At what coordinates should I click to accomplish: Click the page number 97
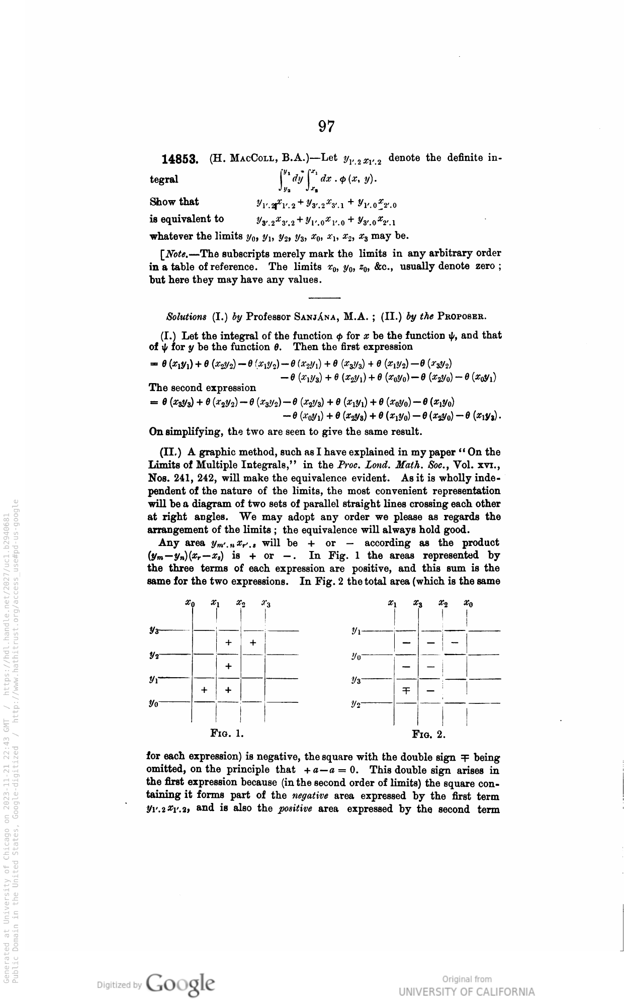[326, 126]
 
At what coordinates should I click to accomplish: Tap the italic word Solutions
[186, 317]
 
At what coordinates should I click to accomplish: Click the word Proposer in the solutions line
[461, 317]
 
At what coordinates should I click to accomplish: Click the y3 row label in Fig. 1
[153, 630]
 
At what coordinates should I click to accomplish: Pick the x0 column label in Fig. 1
[189, 602]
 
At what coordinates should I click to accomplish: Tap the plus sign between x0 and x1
[204, 690]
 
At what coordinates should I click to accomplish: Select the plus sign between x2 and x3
[253, 643]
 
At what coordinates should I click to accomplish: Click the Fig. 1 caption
[227, 733]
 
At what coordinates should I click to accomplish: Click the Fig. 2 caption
[428, 734]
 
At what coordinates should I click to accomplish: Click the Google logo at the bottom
[180, 982]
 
